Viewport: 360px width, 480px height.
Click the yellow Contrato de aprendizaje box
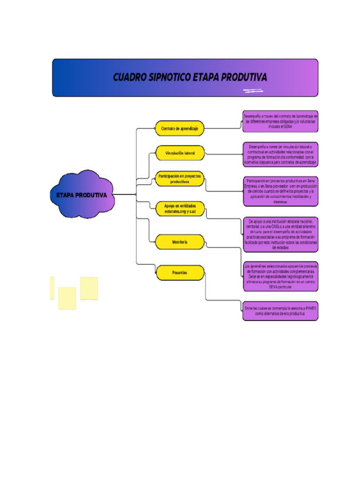pos(180,128)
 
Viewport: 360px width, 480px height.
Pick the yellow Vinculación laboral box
pos(180,153)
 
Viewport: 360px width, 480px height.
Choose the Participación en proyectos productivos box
pos(180,179)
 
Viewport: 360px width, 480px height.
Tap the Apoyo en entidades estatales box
pos(180,209)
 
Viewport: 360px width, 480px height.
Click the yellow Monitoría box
pos(180,242)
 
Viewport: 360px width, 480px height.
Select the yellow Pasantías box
pos(180,272)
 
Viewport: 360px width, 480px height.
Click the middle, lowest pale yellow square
pos(67,298)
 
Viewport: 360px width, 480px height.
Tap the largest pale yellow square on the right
pos(89,288)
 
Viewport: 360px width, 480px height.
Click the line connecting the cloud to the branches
pos(125,195)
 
